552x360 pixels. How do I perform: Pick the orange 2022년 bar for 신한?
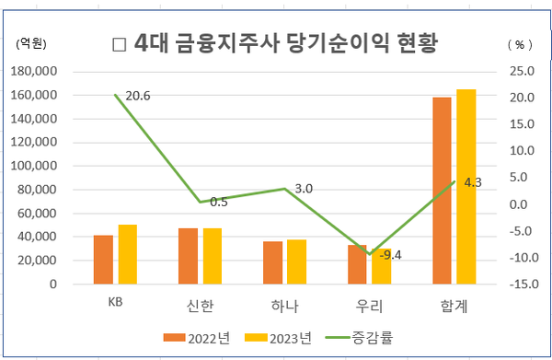point(189,256)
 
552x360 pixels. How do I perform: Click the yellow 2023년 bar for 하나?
point(297,261)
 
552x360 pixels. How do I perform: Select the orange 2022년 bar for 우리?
point(357,264)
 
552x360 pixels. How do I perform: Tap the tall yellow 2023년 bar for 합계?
point(466,187)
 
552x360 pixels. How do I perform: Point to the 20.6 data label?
point(138,96)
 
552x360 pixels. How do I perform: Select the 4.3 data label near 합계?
point(473,182)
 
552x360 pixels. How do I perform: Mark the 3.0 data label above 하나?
point(304,189)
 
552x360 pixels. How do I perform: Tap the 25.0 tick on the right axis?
point(520,71)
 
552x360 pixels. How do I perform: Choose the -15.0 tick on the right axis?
point(520,285)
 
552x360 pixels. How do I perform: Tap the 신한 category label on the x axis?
point(201,305)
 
